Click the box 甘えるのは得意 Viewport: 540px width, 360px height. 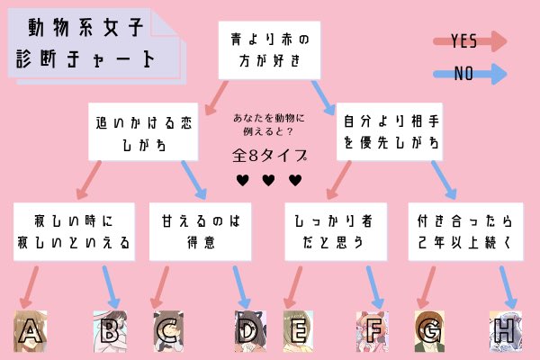[194, 230]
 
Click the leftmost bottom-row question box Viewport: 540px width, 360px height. [75, 230]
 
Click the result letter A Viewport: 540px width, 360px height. [31, 332]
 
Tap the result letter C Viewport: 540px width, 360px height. [166, 332]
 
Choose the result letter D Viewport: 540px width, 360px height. [247, 332]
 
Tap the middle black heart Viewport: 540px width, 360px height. [268, 181]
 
